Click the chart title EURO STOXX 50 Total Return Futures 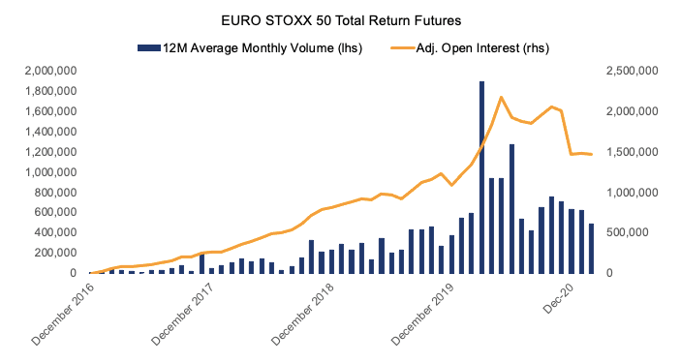(340, 18)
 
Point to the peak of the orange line (501, 97)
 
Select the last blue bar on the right (592, 249)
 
